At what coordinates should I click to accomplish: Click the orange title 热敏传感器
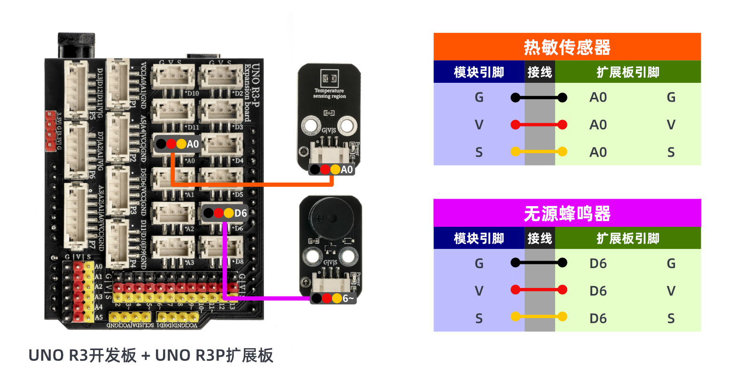click(x=566, y=47)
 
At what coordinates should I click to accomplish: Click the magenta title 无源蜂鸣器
click(x=566, y=214)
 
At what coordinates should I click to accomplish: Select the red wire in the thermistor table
click(x=539, y=125)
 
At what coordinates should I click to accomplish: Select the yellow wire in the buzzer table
click(x=539, y=317)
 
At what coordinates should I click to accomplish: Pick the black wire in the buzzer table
click(x=539, y=263)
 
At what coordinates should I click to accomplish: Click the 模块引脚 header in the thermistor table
click(x=479, y=72)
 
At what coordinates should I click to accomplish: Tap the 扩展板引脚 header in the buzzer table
click(x=628, y=239)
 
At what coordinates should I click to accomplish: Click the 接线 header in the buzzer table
click(x=539, y=239)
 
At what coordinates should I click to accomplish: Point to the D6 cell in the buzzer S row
click(x=598, y=319)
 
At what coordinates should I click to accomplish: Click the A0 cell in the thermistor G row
click(x=598, y=97)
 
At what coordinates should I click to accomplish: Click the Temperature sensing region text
click(x=329, y=93)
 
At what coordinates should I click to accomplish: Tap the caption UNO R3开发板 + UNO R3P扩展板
click(x=151, y=355)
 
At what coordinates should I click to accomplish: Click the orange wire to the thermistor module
click(x=254, y=184)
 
